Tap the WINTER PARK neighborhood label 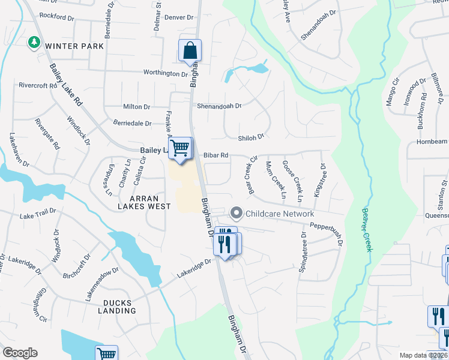click(74, 46)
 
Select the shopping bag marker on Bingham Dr click(190, 52)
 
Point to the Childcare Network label click(279, 214)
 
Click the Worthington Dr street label click(166, 73)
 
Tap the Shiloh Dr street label click(251, 137)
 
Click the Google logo click(20, 353)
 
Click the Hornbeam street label click(432, 142)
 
